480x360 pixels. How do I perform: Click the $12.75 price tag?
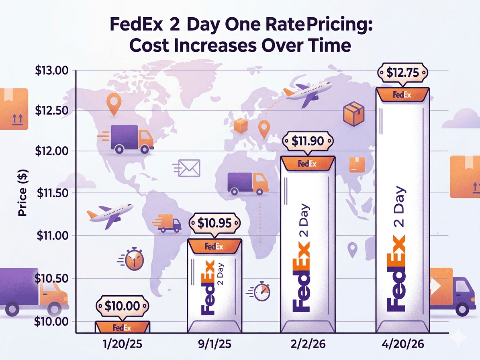click(402, 73)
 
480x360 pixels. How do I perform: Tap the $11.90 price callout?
click(308, 141)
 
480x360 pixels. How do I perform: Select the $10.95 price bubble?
click(214, 223)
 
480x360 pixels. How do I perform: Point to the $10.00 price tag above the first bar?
click(122, 305)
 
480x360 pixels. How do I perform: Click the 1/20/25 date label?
click(123, 344)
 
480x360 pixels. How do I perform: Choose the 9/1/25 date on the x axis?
click(214, 344)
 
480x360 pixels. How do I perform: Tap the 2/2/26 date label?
click(308, 344)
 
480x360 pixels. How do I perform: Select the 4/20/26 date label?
click(402, 344)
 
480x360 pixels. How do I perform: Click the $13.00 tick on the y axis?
click(52, 71)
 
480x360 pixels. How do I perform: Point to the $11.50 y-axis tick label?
click(52, 193)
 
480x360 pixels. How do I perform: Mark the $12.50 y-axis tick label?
click(52, 110)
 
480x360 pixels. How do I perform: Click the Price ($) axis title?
click(22, 193)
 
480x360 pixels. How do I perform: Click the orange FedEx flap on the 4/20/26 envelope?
click(402, 95)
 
